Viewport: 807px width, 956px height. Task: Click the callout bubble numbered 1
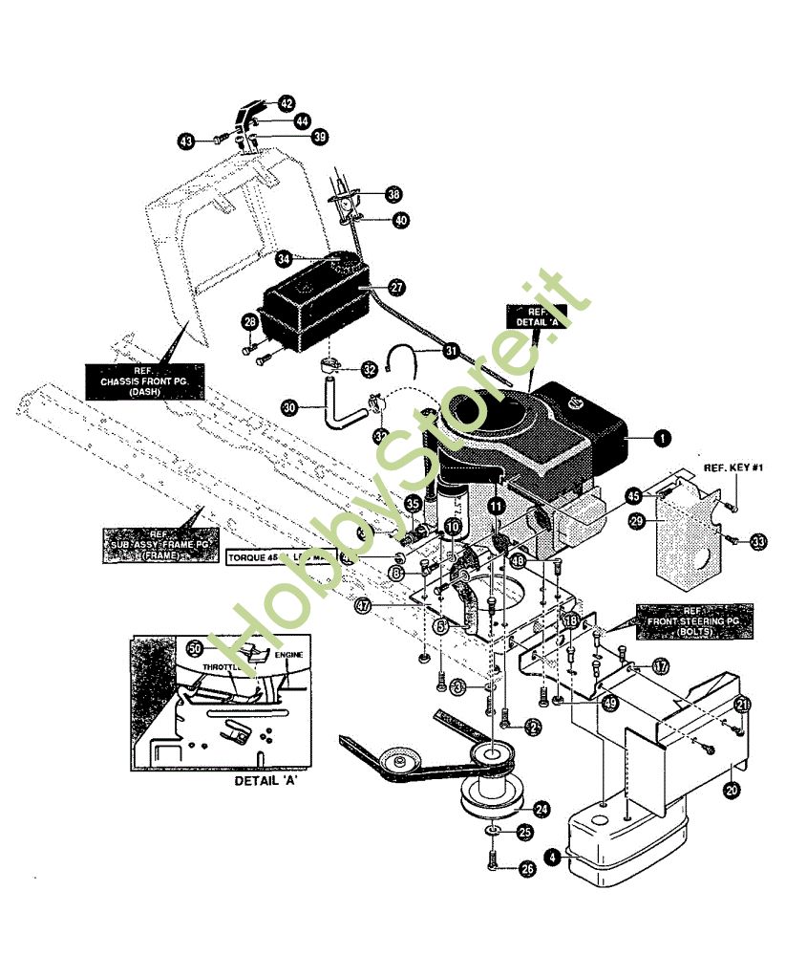coord(661,438)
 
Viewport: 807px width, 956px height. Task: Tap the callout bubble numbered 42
coord(287,103)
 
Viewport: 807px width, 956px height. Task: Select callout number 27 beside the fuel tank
coord(396,287)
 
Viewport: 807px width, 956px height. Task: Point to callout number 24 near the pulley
coord(542,810)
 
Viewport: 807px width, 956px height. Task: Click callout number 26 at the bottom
coord(526,868)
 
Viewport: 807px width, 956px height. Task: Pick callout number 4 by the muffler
coord(552,858)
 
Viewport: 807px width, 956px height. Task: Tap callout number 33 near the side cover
coord(758,542)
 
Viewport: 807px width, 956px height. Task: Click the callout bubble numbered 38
coord(393,194)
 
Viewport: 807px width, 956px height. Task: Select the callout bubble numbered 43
coord(186,141)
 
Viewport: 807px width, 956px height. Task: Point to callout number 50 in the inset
coord(195,648)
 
